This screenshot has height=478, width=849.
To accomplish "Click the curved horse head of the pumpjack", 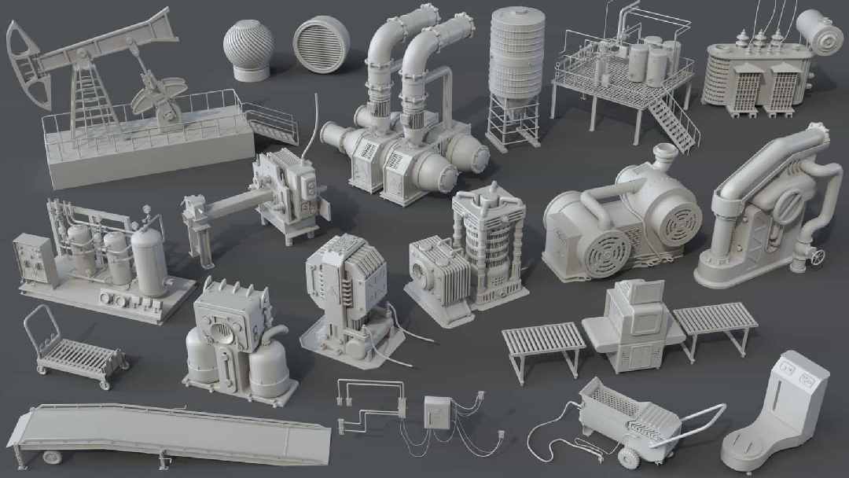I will [x=20, y=59].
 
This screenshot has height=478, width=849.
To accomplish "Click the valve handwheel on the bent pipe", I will [x=818, y=256].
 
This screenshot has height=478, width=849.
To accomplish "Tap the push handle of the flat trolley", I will [x=44, y=322].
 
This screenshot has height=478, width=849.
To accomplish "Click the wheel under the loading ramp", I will [x=52, y=456].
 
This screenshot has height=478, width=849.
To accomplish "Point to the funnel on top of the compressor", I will [x=665, y=158].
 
